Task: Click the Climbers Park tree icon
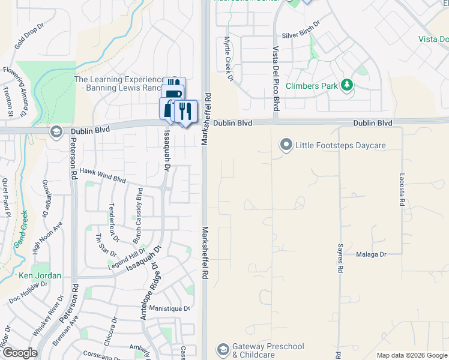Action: [346, 86]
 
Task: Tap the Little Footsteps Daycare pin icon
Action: [286, 145]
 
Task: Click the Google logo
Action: [19, 353]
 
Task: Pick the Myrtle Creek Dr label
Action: [228, 58]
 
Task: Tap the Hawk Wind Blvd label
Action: [103, 175]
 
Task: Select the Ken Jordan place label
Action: [40, 275]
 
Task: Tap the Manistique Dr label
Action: [169, 309]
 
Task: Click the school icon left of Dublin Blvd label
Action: [56, 132]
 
